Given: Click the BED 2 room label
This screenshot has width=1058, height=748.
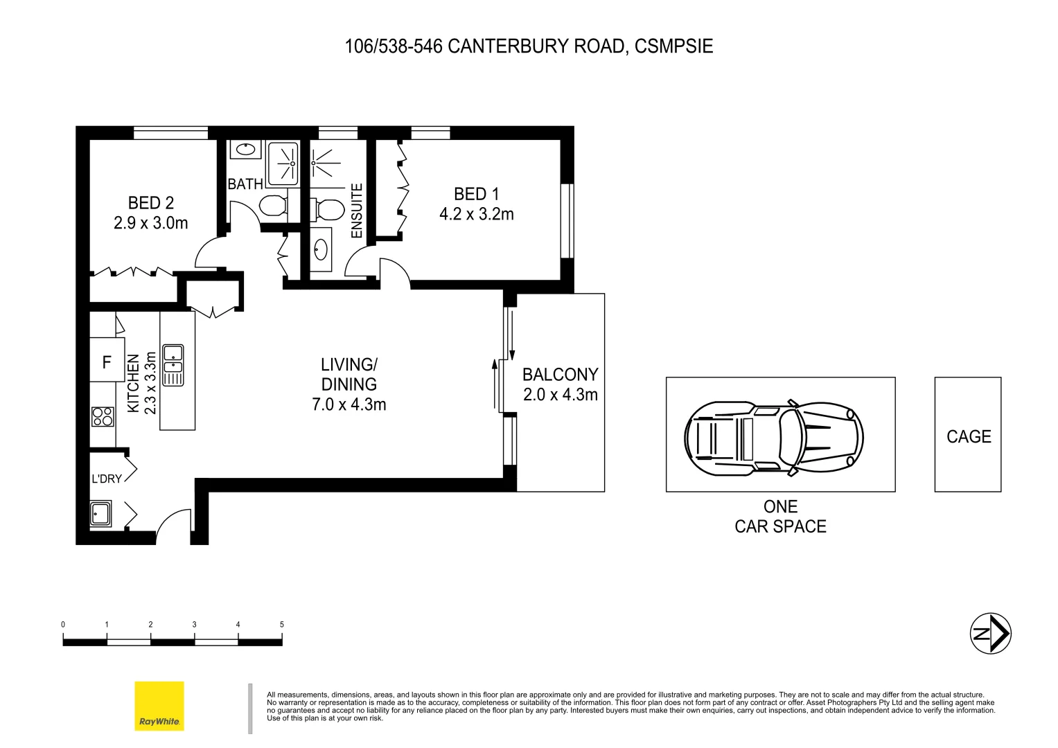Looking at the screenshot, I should pyautogui.click(x=150, y=203).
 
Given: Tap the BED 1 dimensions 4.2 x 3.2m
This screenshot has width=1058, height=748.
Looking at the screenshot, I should pyautogui.click(x=476, y=215).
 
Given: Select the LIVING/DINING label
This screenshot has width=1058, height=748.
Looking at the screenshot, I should pyautogui.click(x=349, y=374).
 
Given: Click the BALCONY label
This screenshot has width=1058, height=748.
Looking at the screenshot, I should pyautogui.click(x=560, y=375).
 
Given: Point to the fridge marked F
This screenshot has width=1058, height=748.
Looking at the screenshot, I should pyautogui.click(x=107, y=362).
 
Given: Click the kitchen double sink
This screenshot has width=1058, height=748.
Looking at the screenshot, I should pyautogui.click(x=173, y=365).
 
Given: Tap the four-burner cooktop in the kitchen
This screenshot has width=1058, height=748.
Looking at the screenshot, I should pyautogui.click(x=103, y=416).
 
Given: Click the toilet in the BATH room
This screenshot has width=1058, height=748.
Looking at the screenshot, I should pyautogui.click(x=272, y=206).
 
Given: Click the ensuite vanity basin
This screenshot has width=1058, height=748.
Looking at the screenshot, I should pyautogui.click(x=321, y=248).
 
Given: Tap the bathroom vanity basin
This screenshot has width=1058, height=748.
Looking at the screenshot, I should pyautogui.click(x=245, y=149).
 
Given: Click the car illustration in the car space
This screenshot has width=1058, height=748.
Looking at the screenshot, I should pyautogui.click(x=773, y=438).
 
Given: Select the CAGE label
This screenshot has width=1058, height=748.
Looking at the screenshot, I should pyautogui.click(x=968, y=436).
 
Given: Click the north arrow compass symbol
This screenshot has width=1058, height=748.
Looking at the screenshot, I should pyautogui.click(x=990, y=633).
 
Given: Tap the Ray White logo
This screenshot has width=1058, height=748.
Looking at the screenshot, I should pyautogui.click(x=159, y=706).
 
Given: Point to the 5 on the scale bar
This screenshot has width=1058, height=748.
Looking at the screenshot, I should pyautogui.click(x=281, y=625).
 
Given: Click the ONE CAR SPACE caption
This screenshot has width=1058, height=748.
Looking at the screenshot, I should pyautogui.click(x=780, y=517).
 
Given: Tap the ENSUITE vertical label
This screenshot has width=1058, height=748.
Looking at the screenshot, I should pyautogui.click(x=357, y=211).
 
